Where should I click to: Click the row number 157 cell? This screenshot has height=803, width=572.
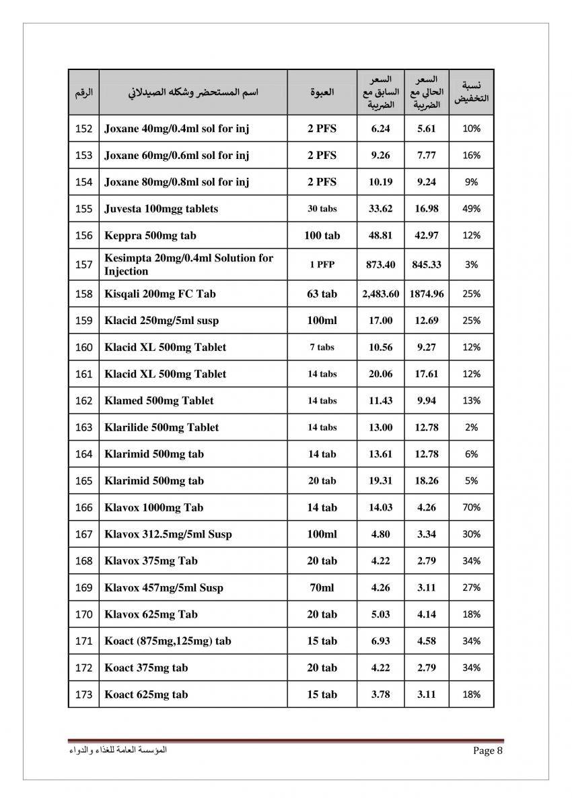coord(83,265)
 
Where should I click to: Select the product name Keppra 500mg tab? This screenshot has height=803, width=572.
coord(150,236)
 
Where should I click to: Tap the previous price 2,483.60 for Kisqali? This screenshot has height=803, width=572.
coord(380,294)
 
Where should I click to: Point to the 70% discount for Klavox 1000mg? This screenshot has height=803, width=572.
coord(471,507)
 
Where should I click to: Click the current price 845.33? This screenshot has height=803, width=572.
coord(426,265)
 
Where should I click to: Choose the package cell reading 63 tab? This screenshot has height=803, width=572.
coord(322,294)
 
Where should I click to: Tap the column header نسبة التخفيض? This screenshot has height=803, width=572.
coord(471,92)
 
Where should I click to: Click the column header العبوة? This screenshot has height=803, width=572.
coord(322,92)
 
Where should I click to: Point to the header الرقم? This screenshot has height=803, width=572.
coord(83,92)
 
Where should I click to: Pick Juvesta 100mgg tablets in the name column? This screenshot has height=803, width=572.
coord(162,209)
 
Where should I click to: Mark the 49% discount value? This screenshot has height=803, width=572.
coord(471,209)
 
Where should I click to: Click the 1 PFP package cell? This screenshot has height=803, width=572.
coord(322,265)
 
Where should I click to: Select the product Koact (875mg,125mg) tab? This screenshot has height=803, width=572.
coord(168,641)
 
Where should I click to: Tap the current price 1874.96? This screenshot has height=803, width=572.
coord(426,294)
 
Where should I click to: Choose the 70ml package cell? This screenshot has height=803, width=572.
coord(322,587)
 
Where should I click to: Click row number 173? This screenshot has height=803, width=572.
coord(83,695)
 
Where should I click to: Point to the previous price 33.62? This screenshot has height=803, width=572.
coord(380,209)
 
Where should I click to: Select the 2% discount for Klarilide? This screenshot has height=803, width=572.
coord(471,427)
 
